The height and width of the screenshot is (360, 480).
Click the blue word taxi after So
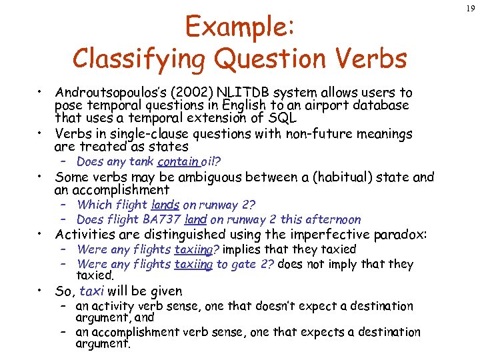(92, 291)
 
